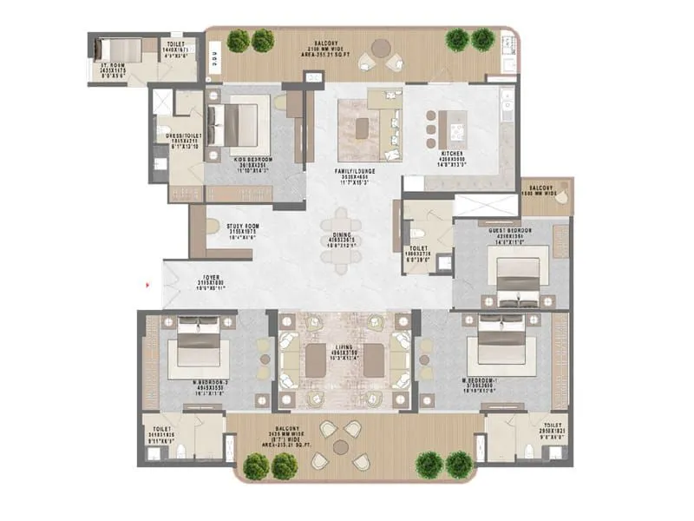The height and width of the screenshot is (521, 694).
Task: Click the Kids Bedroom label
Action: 254,160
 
